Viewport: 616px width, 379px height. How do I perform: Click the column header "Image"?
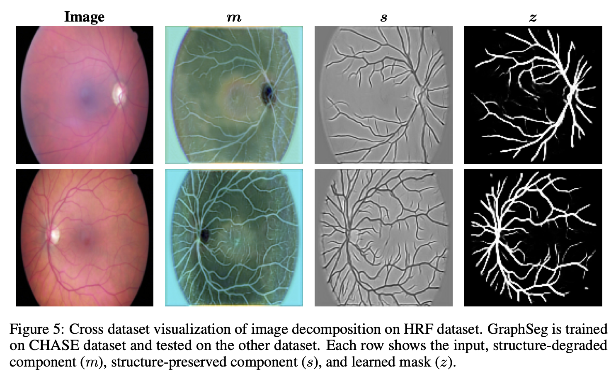click(x=85, y=17)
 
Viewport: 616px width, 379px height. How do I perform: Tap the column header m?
click(x=234, y=18)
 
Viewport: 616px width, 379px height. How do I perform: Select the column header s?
click(x=383, y=18)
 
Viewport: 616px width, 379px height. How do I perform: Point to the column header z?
click(x=533, y=18)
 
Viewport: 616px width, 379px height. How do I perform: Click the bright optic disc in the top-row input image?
click(x=119, y=94)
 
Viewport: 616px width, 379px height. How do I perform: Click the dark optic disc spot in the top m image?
click(x=267, y=94)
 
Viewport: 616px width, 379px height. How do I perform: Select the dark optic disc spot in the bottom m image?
click(x=205, y=235)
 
